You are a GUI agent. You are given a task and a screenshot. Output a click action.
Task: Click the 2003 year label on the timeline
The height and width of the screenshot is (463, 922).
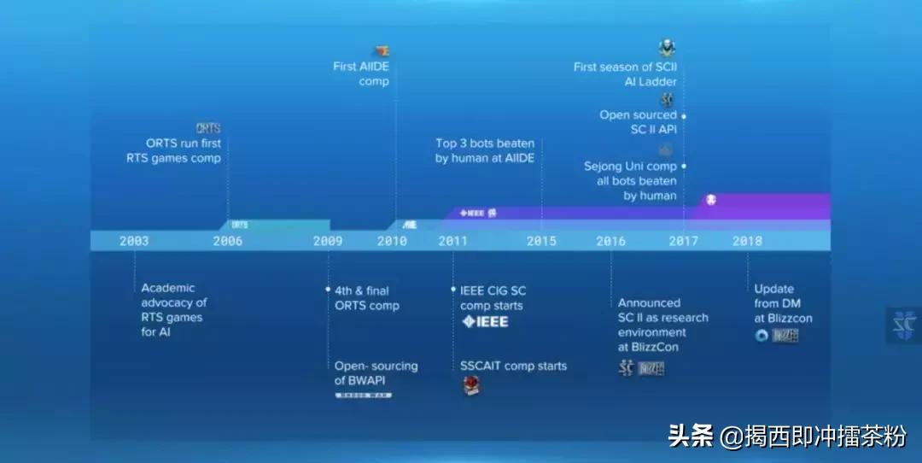tap(134, 241)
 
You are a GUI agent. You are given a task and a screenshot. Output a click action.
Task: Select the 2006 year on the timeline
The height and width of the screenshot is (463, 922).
tap(228, 241)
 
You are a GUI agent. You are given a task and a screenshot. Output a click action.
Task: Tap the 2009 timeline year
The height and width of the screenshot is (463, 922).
tap(328, 241)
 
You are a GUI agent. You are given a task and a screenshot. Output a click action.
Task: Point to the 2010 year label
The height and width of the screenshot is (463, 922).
tap(393, 241)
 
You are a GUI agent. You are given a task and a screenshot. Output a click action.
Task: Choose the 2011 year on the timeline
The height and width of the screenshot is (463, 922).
tap(453, 241)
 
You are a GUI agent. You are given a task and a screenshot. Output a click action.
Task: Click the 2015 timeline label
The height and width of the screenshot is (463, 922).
tap(541, 241)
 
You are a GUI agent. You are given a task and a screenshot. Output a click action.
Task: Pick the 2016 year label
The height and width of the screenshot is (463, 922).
tap(611, 241)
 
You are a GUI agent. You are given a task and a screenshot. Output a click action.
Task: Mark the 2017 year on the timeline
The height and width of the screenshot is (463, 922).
tap(683, 241)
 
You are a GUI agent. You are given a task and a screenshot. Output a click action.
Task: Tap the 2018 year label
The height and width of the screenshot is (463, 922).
tap(747, 241)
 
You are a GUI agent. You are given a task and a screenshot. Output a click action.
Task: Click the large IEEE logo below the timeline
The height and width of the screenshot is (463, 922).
tap(485, 322)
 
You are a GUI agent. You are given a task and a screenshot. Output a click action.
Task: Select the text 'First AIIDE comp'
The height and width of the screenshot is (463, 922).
tap(361, 73)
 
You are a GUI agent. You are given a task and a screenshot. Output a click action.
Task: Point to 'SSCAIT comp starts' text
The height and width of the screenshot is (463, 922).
tap(513, 366)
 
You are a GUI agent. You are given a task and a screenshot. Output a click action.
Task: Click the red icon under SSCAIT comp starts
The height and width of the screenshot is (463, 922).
tap(471, 386)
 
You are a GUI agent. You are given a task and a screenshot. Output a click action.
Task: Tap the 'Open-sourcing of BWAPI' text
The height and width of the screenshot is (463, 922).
tap(376, 372)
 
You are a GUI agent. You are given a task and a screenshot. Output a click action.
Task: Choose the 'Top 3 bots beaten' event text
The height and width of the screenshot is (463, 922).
tap(485, 150)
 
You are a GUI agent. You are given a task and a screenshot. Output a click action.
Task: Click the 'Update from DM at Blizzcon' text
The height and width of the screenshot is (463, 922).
tap(783, 303)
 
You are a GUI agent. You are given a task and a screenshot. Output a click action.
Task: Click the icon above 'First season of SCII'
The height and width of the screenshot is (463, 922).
tap(667, 48)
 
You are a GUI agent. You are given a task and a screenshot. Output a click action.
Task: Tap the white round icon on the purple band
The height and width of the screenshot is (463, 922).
tap(711, 200)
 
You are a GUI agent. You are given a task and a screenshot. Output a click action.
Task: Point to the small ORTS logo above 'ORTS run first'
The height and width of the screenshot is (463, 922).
tap(208, 128)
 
